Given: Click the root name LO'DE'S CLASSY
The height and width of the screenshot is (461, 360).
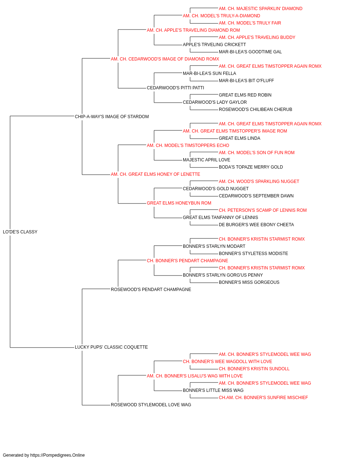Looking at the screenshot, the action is tap(20, 232).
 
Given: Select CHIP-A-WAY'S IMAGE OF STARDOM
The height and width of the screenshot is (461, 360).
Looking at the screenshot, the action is tap(112, 117).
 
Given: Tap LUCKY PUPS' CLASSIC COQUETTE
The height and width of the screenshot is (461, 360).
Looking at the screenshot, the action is tap(111, 347).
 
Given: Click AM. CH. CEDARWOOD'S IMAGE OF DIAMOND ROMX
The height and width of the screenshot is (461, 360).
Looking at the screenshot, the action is tap(165, 59).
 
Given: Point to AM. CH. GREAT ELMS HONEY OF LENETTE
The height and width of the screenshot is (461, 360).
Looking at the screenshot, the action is tap(156, 174).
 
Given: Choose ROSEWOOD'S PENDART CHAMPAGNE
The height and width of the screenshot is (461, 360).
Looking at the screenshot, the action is tap(151, 289).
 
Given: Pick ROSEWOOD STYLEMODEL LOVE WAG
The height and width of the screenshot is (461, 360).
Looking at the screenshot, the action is tap(151, 405).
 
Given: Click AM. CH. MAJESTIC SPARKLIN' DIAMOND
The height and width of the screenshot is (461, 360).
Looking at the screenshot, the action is tap(261, 9).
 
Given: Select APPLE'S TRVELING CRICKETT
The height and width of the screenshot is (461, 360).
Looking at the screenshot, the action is tap(214, 45).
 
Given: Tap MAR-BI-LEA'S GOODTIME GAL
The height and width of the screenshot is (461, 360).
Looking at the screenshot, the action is tap(250, 52).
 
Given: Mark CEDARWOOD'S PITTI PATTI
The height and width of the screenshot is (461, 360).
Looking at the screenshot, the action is tap(175, 88).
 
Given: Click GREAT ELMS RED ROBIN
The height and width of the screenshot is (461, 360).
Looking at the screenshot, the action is tap(245, 95).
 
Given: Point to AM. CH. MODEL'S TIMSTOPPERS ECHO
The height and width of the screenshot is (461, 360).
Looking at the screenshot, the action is tap(188, 146).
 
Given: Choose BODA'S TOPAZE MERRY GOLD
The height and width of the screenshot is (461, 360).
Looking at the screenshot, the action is tap(251, 167).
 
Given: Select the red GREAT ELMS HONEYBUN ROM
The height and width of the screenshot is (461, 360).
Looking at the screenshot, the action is tap(179, 203).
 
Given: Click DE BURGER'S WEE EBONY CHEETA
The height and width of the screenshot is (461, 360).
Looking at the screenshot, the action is tap(256, 225).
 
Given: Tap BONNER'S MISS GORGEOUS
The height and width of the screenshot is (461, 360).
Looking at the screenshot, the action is tap(249, 282).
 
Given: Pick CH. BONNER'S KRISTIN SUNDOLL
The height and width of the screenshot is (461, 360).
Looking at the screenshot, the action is tap(254, 369).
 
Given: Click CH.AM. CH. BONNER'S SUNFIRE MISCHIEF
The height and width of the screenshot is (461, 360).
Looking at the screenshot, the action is tap(263, 398).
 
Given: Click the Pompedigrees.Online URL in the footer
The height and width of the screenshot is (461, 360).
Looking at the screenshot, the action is tap(58, 455).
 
